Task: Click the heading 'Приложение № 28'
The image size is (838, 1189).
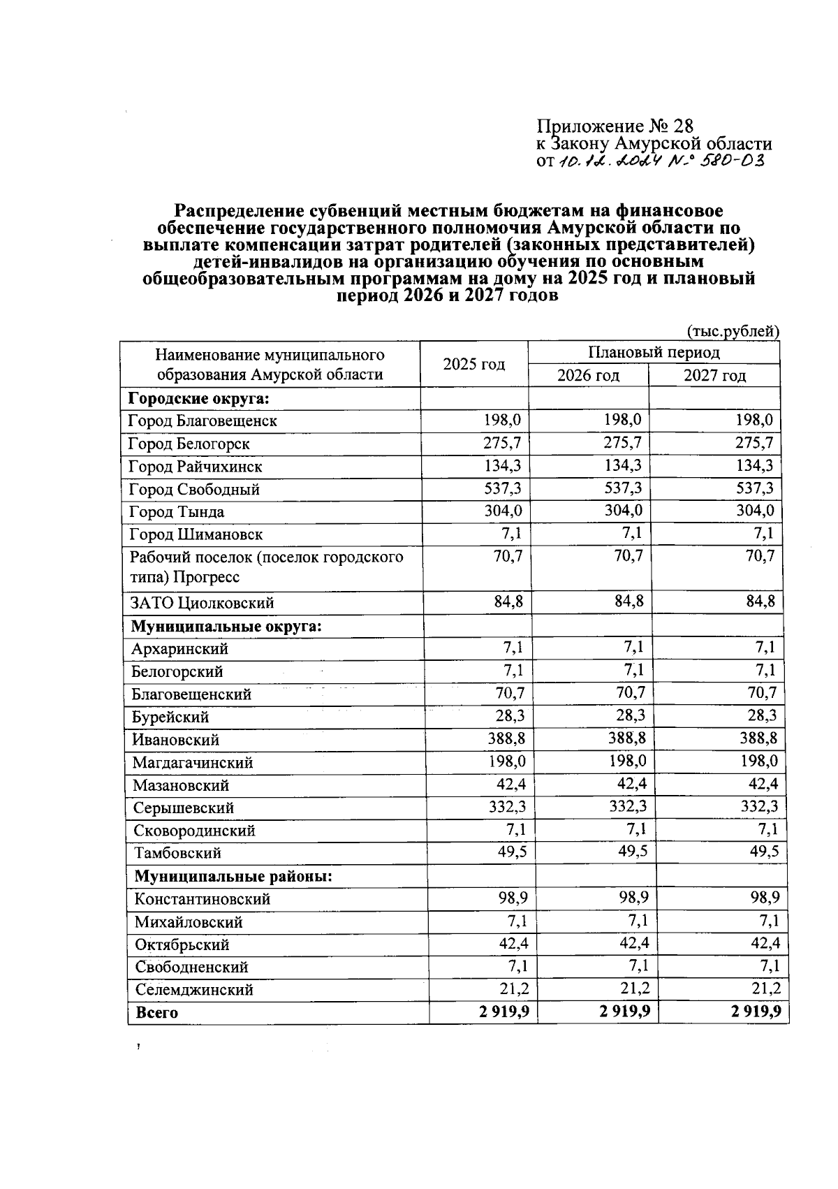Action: pyautogui.click(x=615, y=126)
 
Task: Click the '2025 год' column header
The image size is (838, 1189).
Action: pyautogui.click(x=473, y=364)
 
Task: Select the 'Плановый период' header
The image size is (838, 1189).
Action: pyautogui.click(x=653, y=352)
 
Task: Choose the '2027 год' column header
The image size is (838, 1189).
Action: pyautogui.click(x=714, y=376)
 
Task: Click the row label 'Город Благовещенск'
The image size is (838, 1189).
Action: pyautogui.click(x=203, y=421)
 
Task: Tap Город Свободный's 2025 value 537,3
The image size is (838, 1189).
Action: pyautogui.click(x=503, y=488)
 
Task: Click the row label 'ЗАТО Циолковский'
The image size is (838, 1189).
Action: pyautogui.click(x=202, y=603)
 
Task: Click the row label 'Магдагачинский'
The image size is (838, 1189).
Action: pyautogui.click(x=193, y=762)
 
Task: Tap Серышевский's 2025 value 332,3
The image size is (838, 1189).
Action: pyautogui.click(x=508, y=807)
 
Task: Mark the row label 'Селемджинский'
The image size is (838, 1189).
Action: pyautogui.click(x=194, y=989)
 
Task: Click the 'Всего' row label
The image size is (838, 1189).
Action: pyautogui.click(x=157, y=1012)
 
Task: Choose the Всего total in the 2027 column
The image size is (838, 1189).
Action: pyautogui.click(x=756, y=1012)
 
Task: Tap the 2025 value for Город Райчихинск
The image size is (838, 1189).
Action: pyautogui.click(x=503, y=465)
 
